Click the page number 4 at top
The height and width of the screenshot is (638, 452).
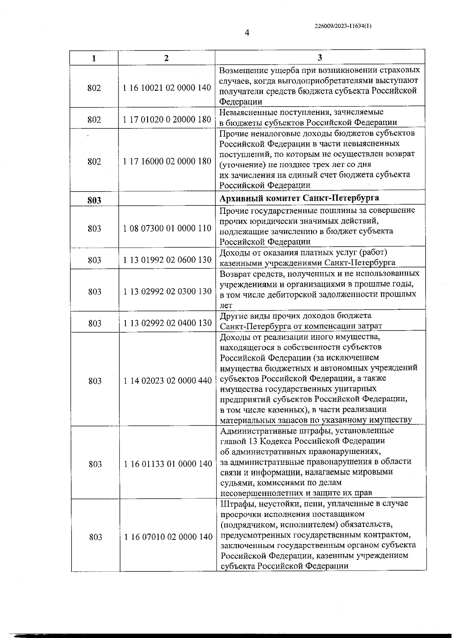pos(247,33)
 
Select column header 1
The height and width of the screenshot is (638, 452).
pos(94,58)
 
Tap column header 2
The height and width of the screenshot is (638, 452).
pos(166,58)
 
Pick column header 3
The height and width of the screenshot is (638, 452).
pos(320,58)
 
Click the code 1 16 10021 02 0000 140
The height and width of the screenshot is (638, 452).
pos(167,88)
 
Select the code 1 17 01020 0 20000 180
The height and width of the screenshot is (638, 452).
pos(167,119)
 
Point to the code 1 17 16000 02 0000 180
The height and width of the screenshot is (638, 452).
pos(167,161)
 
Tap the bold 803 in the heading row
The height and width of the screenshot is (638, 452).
pos(94,200)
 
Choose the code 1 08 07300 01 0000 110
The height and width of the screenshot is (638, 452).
pos(167,228)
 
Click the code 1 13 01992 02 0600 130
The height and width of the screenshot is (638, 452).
pos(167,260)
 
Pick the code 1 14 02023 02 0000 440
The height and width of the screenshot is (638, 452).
pos(168,381)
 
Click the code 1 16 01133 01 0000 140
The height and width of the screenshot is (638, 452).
pos(168,464)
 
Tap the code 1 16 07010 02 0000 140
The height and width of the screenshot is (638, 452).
pos(168,537)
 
